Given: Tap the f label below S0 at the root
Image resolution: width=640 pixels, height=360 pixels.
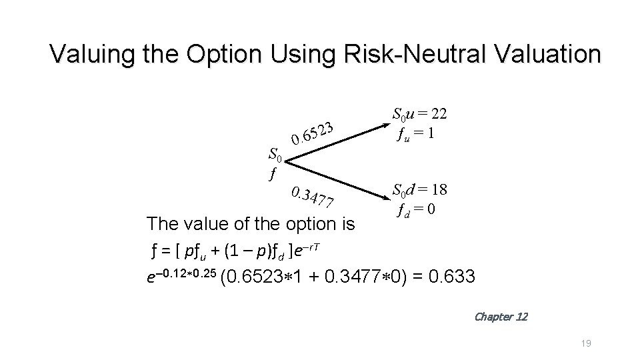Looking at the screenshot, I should point(271,175).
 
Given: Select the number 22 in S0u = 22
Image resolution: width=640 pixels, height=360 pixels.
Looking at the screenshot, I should point(437,115).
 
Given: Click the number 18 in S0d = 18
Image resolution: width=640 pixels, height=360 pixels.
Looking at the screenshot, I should point(437,191).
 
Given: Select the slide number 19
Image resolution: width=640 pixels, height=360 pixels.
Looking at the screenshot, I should point(586,343).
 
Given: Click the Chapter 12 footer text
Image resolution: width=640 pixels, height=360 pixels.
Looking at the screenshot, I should point(500,317).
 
